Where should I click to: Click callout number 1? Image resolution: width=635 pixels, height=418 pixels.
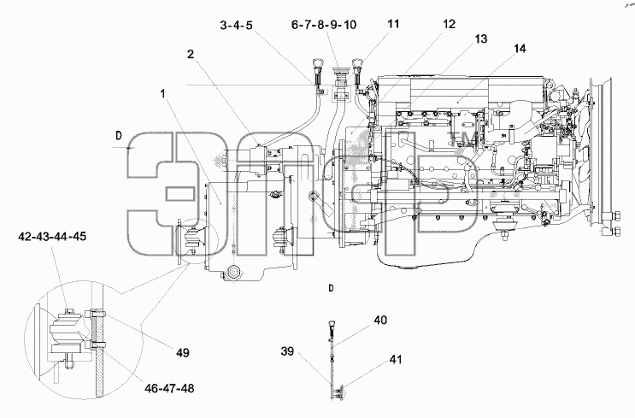point(162,94)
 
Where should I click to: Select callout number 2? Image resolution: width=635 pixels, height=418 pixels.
point(191,54)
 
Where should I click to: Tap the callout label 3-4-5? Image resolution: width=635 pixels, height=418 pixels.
point(236,25)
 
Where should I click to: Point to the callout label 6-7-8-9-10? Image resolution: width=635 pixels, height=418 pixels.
point(324,25)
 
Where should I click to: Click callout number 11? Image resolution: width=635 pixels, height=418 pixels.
point(393,23)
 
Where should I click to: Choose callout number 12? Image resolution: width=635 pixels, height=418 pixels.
point(450,24)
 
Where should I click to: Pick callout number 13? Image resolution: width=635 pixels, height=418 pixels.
point(480,38)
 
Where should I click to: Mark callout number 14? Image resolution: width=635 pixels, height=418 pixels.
point(520,49)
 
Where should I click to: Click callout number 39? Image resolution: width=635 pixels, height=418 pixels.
point(287,350)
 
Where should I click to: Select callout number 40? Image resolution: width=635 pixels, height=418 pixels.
point(380,320)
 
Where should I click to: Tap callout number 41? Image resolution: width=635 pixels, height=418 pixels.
point(396,359)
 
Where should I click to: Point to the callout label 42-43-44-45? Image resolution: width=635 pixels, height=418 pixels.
point(52,236)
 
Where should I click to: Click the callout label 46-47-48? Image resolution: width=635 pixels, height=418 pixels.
point(169,388)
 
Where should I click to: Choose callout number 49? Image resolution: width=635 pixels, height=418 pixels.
point(183,353)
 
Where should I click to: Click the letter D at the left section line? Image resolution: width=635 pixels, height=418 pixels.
point(119,136)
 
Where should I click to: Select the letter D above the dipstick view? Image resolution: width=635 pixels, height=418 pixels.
point(332,288)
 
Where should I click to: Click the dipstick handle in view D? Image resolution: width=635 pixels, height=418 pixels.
point(331,325)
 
